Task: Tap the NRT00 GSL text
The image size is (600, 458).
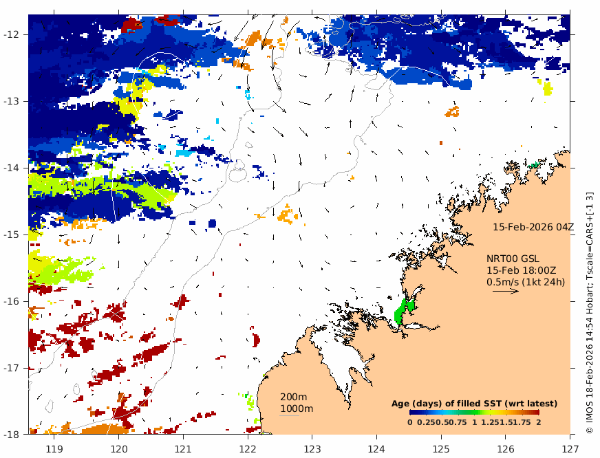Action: point(513,259)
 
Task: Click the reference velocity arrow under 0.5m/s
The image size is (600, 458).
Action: point(505,291)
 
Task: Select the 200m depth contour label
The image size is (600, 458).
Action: point(293,397)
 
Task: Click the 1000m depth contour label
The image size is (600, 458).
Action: point(296,409)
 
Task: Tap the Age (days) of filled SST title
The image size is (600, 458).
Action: point(474,403)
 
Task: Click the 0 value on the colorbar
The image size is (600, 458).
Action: point(410,422)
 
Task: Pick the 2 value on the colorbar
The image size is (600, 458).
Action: point(538,422)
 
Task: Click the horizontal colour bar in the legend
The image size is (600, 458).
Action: point(474,412)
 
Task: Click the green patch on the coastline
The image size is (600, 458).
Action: point(403,311)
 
